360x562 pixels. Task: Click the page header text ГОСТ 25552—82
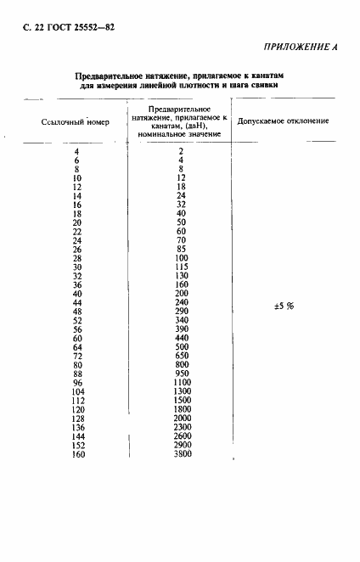(72, 26)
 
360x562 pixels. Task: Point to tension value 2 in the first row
(181, 150)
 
